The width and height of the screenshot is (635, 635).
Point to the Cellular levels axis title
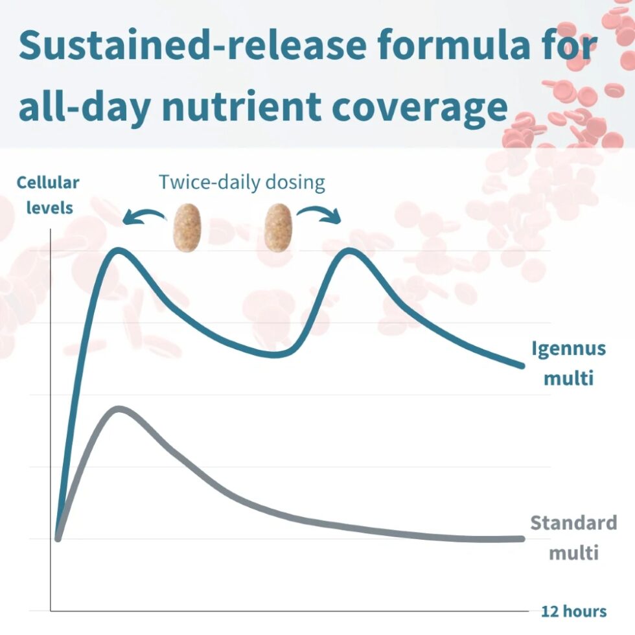coord(48,195)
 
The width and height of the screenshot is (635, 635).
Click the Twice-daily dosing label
coord(242,183)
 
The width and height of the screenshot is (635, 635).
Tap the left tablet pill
coord(187,227)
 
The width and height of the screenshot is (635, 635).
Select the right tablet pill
coord(278,227)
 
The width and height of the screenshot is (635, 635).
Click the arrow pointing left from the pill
coord(144,214)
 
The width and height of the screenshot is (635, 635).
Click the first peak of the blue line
coord(119,251)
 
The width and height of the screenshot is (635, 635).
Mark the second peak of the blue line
coord(349,251)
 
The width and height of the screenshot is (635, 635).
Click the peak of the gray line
coord(119,410)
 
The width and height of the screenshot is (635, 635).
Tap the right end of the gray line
coord(522,539)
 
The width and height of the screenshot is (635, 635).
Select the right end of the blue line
coord(522,365)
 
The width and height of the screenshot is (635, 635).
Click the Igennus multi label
coord(568,364)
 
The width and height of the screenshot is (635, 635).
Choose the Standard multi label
coord(573,538)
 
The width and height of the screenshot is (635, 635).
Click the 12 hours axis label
coord(574,611)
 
